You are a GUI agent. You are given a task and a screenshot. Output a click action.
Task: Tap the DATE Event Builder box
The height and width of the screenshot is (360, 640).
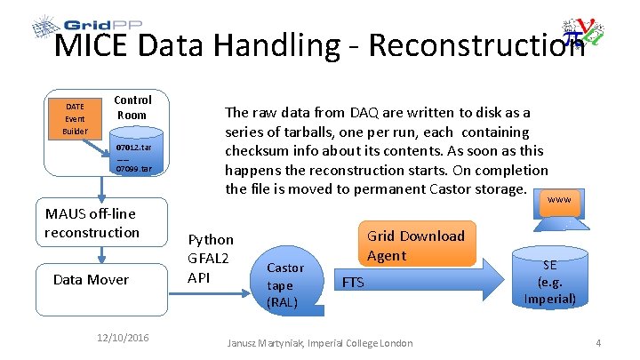[x=74, y=118]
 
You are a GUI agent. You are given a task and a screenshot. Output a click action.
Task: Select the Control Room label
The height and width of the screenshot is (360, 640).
[x=133, y=108]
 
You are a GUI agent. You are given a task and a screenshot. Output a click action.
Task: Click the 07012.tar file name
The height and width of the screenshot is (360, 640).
[x=134, y=148]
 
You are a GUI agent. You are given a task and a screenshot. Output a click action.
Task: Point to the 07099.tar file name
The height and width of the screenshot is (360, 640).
[x=134, y=169]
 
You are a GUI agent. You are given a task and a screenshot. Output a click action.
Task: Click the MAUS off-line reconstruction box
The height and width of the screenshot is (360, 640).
[x=92, y=222]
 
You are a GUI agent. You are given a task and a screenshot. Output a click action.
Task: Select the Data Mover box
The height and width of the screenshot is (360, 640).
[x=91, y=279]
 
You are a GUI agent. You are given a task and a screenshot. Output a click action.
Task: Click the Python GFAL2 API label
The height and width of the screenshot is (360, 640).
[x=212, y=258]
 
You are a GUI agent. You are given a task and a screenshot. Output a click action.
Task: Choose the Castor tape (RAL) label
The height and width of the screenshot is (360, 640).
[x=285, y=284]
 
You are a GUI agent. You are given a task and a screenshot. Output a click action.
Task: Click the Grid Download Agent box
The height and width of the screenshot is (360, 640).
[x=416, y=245]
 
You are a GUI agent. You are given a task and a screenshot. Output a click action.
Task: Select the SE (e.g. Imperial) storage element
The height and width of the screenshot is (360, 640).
[x=550, y=282]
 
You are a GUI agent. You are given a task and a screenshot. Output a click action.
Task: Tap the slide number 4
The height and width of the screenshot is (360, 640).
[x=599, y=342]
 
